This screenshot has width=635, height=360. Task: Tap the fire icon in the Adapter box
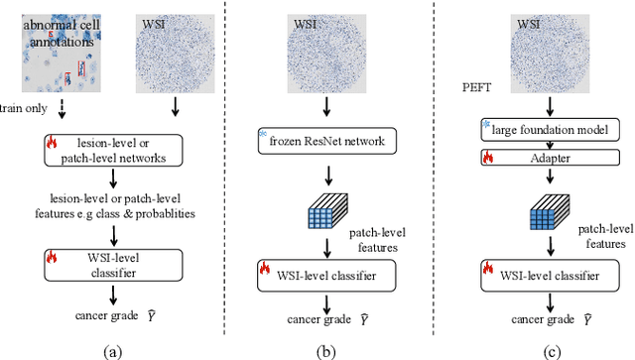click(488, 156)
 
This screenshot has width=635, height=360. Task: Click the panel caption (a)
click(113, 348)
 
